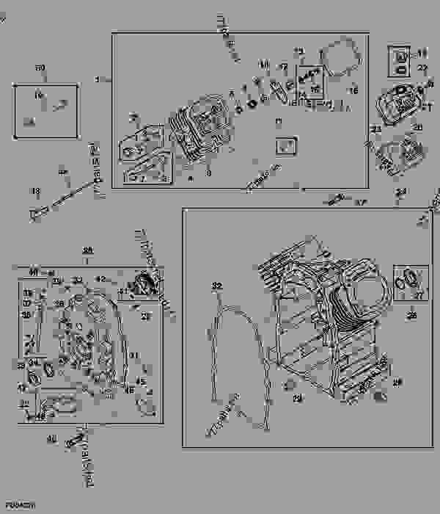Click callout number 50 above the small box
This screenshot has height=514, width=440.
(x=40, y=68)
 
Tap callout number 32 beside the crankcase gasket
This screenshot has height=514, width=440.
(x=216, y=285)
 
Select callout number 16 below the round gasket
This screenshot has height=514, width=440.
(x=353, y=92)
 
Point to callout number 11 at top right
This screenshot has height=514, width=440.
(x=422, y=52)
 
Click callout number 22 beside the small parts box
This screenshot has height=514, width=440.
(x=422, y=68)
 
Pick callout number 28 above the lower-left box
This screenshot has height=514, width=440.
(x=87, y=250)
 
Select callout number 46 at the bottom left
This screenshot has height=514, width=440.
(x=51, y=440)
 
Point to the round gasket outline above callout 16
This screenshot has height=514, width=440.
(x=339, y=62)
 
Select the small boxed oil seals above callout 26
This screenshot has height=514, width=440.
(x=409, y=282)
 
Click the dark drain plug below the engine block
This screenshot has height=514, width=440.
(x=379, y=397)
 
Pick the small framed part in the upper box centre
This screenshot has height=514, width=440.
(x=285, y=145)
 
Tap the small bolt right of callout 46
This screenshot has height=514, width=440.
(x=73, y=443)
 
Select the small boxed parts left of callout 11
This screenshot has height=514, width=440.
(x=400, y=59)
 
